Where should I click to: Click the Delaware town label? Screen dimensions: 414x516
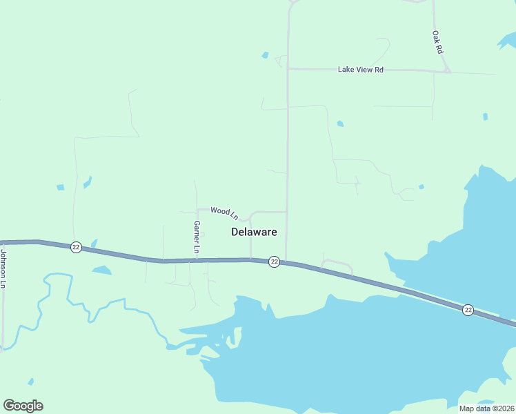254,233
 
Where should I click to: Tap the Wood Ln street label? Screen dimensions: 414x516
224,213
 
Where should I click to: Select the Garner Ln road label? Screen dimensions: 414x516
197,237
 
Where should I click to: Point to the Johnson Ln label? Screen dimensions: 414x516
3,268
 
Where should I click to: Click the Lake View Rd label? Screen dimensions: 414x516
360,70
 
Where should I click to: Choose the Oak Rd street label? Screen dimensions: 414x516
437,42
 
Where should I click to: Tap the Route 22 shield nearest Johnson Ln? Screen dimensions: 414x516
76,247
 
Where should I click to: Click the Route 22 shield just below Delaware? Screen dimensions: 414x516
274,262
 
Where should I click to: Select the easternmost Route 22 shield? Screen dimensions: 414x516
468,310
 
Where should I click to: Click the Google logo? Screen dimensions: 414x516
23,406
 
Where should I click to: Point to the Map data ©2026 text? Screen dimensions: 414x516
486,408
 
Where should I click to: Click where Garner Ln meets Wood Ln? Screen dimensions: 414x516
197,209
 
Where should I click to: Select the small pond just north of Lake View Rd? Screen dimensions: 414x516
265,55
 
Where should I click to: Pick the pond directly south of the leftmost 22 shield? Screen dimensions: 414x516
101,270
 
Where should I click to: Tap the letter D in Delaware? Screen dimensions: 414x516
235,233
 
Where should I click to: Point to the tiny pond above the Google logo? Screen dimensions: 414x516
30,381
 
